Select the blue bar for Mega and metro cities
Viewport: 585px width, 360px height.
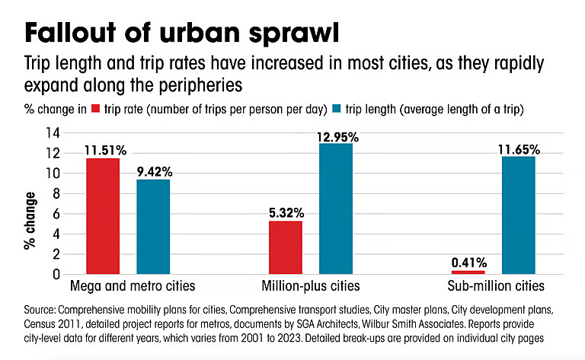pyautogui.click(x=153, y=226)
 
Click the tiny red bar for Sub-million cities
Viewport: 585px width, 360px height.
pyautogui.click(x=468, y=272)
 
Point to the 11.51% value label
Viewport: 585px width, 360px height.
pyautogui.click(x=103, y=149)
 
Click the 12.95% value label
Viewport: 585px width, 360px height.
pyautogui.click(x=336, y=136)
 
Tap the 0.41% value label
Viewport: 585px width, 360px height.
pyautogui.click(x=468, y=263)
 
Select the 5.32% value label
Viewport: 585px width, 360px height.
pyautogui.click(x=286, y=212)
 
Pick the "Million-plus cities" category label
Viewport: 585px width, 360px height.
pyautogui.click(x=312, y=287)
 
